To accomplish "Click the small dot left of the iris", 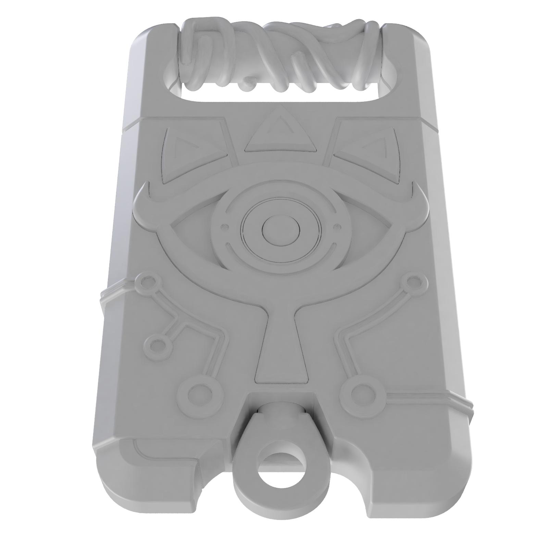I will [225, 226].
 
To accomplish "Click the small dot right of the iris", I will [337, 226].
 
